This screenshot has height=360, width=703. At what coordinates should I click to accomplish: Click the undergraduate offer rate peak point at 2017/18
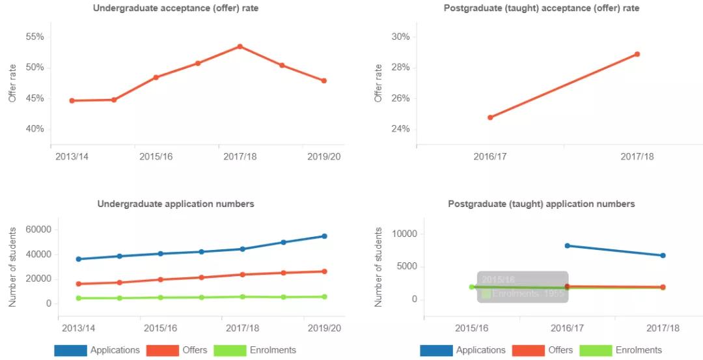tap(240, 46)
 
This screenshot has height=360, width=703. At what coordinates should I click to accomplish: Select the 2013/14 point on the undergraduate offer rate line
tap(72, 101)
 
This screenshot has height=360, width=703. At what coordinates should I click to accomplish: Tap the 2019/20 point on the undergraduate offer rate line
tap(324, 81)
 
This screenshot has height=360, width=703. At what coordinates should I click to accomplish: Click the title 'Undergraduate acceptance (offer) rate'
tap(176, 8)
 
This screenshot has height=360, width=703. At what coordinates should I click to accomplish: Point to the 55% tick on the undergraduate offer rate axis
tap(35, 37)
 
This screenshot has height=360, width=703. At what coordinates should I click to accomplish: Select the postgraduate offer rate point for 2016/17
tap(490, 118)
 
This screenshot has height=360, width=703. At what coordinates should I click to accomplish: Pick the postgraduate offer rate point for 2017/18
tap(637, 54)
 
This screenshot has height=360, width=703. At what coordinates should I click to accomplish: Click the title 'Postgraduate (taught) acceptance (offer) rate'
tap(542, 8)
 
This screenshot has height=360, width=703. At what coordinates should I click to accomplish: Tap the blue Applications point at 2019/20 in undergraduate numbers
tap(324, 236)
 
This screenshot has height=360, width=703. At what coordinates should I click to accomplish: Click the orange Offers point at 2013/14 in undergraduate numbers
tap(79, 284)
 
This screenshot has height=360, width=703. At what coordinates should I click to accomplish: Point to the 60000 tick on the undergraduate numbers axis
tap(38, 230)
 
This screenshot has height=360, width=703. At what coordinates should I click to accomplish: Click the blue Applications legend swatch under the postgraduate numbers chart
tap(436, 350)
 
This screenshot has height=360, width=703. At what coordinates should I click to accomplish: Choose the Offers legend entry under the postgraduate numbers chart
tap(545, 350)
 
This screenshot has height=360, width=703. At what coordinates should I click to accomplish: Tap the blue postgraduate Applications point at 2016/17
tap(568, 245)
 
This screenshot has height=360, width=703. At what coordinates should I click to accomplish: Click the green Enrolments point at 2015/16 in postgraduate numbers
tap(472, 287)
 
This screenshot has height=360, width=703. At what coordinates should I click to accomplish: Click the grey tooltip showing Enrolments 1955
tap(523, 287)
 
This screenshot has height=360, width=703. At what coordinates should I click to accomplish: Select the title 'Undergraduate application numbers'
tap(176, 204)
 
